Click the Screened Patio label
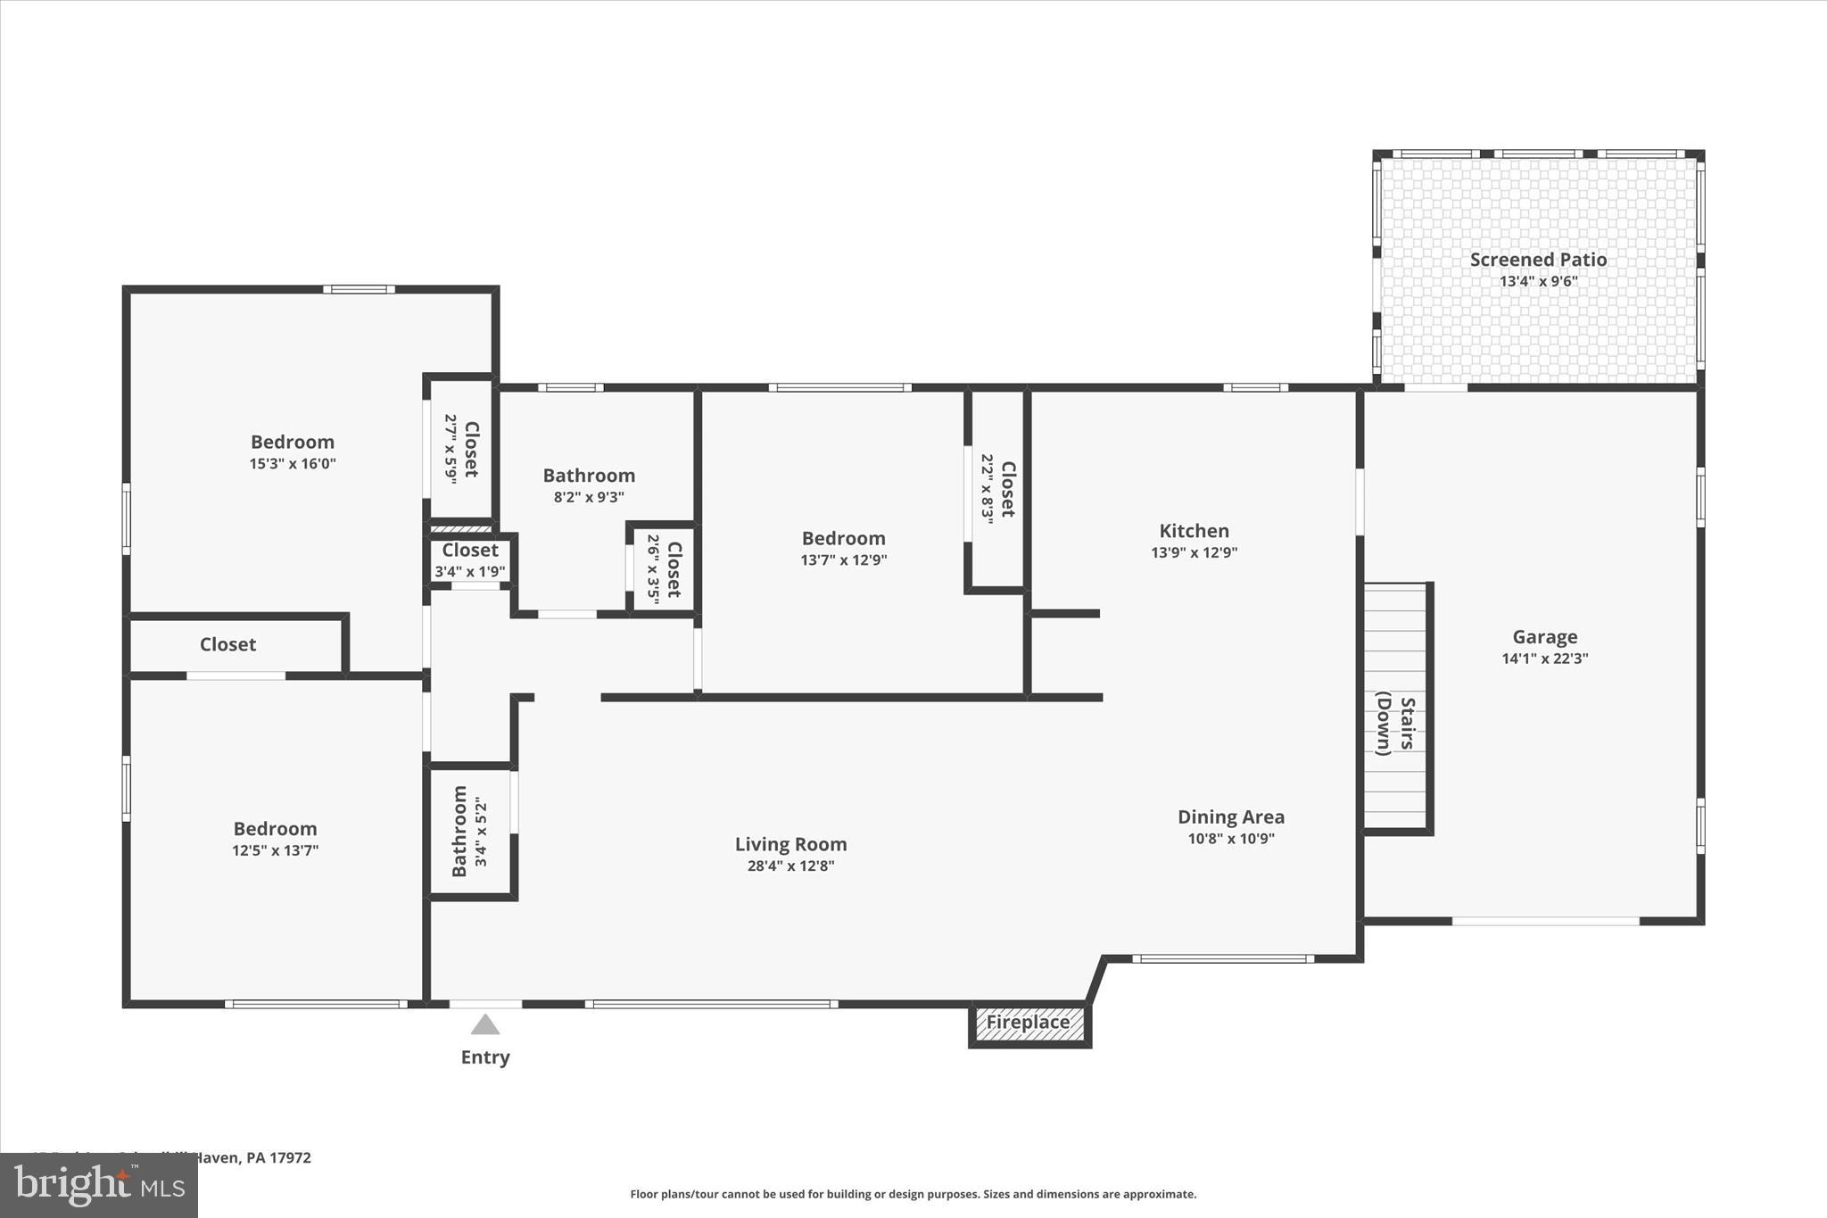(x=1538, y=260)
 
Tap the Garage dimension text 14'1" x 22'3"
(x=1544, y=659)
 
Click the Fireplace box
(x=1029, y=1023)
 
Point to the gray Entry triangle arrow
(x=484, y=1024)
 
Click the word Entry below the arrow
(x=484, y=1057)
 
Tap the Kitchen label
(x=1194, y=531)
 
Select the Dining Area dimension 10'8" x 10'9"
(x=1231, y=839)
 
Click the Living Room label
(x=790, y=844)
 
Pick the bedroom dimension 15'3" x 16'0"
(x=293, y=464)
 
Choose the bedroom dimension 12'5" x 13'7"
(x=275, y=850)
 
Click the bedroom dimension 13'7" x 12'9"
(x=843, y=560)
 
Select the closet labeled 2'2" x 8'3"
(x=997, y=489)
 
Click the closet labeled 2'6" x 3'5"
(x=664, y=569)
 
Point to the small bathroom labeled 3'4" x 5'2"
(x=469, y=832)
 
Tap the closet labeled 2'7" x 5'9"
(x=460, y=449)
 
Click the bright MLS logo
(x=99, y=1185)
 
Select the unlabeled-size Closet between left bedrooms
(x=227, y=644)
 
